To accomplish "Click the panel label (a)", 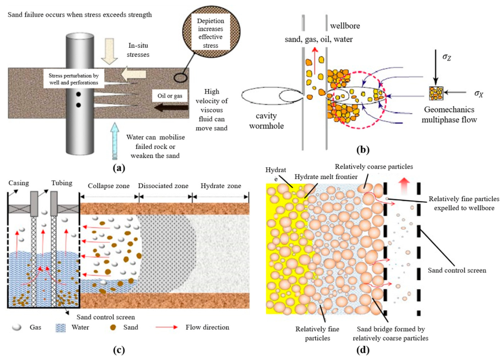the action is [x=119, y=168].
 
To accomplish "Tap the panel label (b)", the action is [x=363, y=150].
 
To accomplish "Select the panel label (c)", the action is [x=119, y=350].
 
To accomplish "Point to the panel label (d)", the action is [x=363, y=350].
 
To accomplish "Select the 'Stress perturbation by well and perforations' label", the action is [x=73, y=79].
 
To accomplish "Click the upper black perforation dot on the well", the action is [x=78, y=95].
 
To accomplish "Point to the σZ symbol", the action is [x=446, y=57].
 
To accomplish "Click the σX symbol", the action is [x=478, y=94].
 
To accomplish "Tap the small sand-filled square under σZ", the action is [x=436, y=94].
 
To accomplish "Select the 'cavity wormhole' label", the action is [x=266, y=121].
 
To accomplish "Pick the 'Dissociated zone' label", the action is [x=163, y=186].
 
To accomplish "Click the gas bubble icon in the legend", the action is [x=17, y=327].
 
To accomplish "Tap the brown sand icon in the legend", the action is [x=113, y=328].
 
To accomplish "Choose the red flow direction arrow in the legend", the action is [x=166, y=327].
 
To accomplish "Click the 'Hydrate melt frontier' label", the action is [x=326, y=177].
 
